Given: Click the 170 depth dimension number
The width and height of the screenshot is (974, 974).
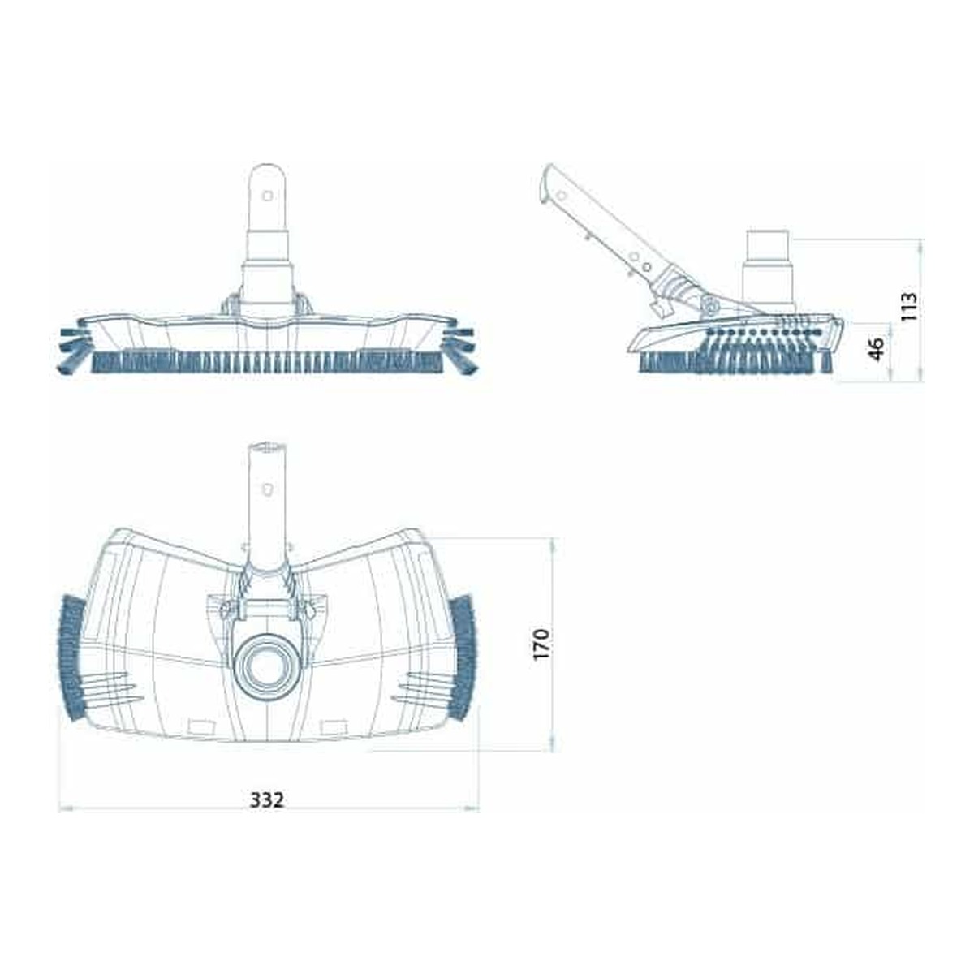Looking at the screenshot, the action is (541, 644).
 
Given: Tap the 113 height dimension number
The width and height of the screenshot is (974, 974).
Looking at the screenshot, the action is (907, 306).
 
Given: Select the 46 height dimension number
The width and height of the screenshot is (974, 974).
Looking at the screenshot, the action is (876, 349).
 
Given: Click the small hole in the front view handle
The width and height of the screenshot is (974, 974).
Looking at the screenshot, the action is (267, 195).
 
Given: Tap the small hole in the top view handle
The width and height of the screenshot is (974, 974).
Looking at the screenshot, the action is (267, 489).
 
